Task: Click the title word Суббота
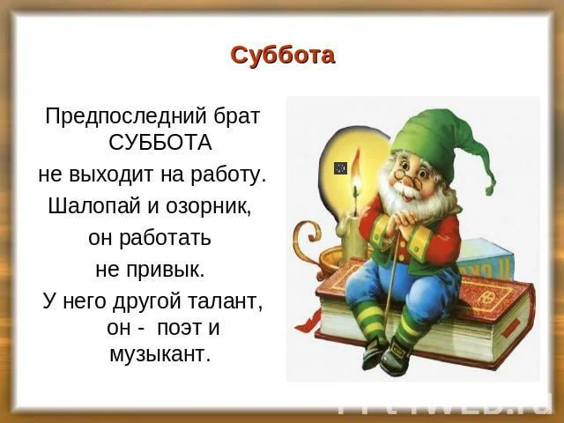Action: pyautogui.click(x=282, y=55)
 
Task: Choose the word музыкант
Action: pyautogui.click(x=160, y=355)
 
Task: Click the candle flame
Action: pyautogui.click(x=356, y=188)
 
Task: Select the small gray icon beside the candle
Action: pyautogui.click(x=340, y=167)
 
